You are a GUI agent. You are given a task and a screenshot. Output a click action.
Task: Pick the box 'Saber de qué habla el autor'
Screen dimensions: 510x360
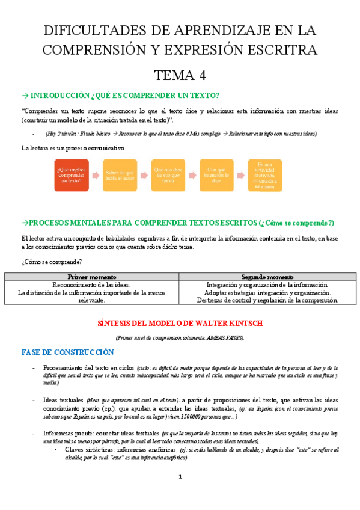[x=119, y=176]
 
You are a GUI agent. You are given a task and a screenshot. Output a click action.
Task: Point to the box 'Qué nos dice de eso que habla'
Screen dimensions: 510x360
[x=168, y=176]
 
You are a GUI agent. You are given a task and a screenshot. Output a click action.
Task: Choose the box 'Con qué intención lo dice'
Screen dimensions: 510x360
[x=216, y=176]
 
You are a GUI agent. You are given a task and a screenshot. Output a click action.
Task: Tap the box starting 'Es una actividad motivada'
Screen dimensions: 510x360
[x=264, y=176]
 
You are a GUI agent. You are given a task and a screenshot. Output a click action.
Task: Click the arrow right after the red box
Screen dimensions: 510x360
[x=95, y=176]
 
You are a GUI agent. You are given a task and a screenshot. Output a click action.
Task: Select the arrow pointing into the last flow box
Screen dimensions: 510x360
[x=240, y=176]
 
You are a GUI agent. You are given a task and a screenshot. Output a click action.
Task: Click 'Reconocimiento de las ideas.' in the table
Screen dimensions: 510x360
[x=91, y=284]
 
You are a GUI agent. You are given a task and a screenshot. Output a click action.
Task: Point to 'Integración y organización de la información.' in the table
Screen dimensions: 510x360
[x=267, y=284]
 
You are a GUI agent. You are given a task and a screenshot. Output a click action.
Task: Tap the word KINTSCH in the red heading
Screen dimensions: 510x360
[x=243, y=323]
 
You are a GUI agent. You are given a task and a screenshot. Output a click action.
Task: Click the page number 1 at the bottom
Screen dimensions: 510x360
[x=180, y=493]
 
